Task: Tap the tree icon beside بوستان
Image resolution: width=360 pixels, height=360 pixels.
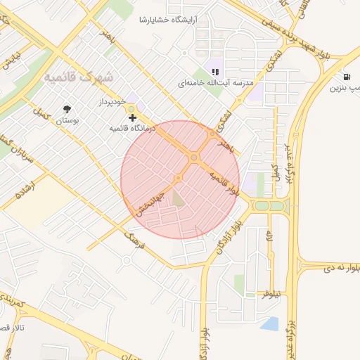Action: (67, 109)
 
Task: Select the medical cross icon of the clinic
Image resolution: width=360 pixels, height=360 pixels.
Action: (132, 117)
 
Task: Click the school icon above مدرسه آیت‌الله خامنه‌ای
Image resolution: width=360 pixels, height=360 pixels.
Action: (215, 71)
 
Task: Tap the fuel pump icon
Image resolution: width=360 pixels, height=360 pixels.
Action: (347, 77)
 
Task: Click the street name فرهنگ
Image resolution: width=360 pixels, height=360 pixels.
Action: (133, 243)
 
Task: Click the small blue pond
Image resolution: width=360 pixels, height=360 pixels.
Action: (269, 323)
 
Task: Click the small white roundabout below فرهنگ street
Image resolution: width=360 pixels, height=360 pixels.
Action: (126, 261)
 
